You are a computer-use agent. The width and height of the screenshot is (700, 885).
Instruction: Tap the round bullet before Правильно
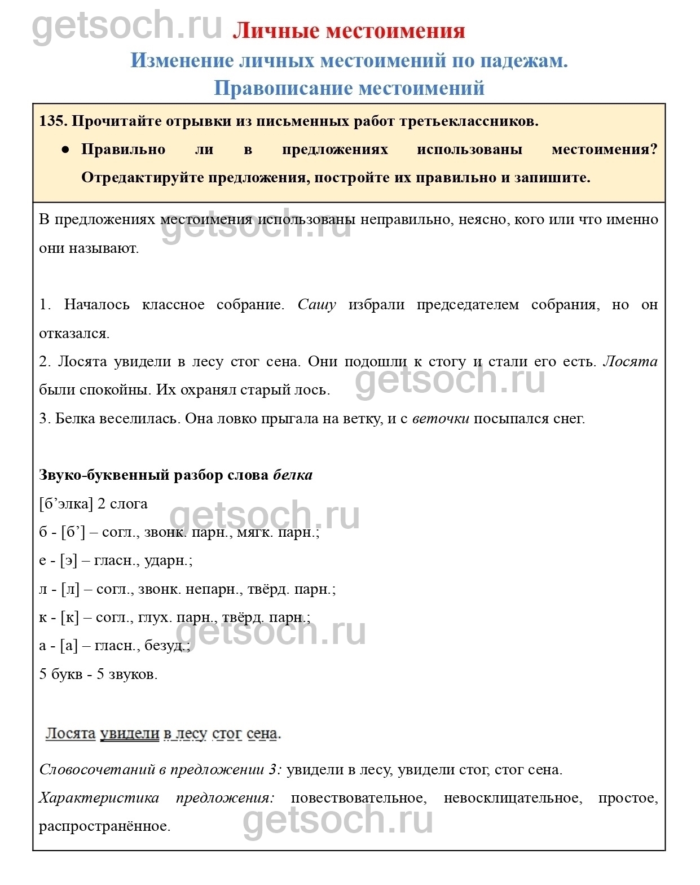point(65,150)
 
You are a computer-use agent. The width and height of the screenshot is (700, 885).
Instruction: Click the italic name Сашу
point(316,305)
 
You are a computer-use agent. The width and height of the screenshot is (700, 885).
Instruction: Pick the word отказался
point(73,334)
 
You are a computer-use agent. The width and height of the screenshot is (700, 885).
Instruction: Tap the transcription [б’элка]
point(65,503)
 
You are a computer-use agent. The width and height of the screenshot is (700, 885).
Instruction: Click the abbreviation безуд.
point(166,646)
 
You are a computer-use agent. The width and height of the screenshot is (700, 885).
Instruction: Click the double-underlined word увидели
point(130,734)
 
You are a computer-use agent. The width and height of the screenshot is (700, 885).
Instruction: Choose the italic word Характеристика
point(99,798)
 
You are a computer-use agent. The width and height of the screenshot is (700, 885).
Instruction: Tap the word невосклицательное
point(512,798)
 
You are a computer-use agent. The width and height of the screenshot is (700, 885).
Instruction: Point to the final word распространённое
point(104,826)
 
